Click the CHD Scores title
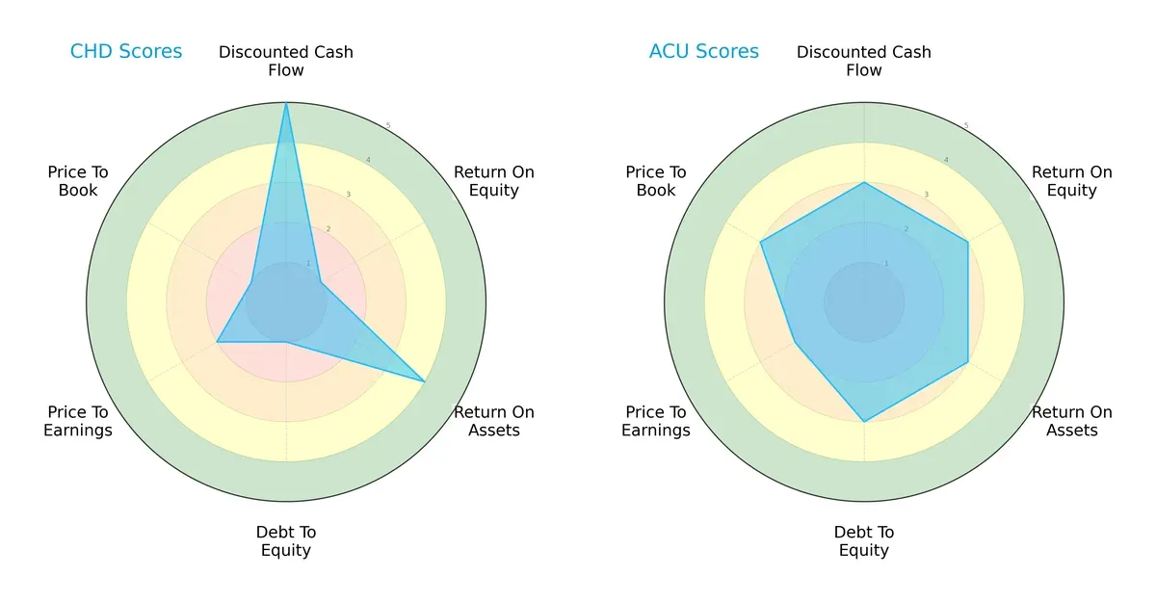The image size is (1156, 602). (126, 51)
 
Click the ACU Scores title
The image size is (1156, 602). (704, 51)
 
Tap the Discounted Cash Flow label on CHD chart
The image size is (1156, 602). (286, 61)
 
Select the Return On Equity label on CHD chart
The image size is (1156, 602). (493, 181)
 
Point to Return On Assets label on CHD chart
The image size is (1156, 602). (493, 421)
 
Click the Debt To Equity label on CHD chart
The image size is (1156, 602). (286, 541)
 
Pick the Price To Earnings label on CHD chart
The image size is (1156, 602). (78, 421)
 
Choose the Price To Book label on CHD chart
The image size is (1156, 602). (78, 181)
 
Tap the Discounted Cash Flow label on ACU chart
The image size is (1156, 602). (864, 61)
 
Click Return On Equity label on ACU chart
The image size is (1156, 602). (1071, 181)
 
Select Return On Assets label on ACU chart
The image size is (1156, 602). (1071, 421)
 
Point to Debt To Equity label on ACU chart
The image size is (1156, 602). (864, 541)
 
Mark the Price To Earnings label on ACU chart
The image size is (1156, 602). (656, 421)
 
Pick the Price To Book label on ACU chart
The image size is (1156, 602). (656, 181)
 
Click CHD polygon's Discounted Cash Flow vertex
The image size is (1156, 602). (286, 104)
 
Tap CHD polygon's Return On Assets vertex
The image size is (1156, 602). (425, 382)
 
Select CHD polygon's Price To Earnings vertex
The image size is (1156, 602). (217, 342)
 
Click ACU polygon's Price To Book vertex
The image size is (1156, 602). (761, 242)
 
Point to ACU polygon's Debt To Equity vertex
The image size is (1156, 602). (864, 422)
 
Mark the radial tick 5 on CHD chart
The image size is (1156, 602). (387, 126)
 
